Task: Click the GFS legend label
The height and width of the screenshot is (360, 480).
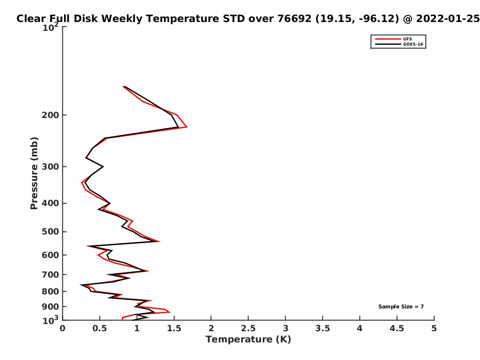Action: (x=407, y=39)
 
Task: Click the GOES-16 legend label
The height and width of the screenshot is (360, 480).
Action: (x=413, y=44)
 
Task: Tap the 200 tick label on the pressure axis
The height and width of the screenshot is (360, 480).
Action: (x=50, y=115)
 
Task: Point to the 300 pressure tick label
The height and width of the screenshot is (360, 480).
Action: (x=50, y=166)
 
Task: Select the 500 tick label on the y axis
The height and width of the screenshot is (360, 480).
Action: (x=50, y=232)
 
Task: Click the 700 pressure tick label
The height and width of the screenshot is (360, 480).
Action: (x=50, y=274)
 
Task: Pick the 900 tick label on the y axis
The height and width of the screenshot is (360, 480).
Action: (x=50, y=307)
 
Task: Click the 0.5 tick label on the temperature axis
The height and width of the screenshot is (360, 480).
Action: (x=100, y=328)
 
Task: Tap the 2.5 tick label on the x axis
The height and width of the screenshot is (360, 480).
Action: (x=248, y=328)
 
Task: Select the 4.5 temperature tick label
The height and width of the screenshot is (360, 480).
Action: (x=397, y=328)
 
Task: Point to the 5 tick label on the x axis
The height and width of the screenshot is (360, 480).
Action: (x=434, y=328)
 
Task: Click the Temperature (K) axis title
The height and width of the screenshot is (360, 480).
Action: (x=248, y=340)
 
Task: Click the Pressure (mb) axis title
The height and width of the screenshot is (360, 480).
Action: (x=34, y=173)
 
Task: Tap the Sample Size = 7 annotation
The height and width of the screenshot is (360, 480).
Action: (x=401, y=307)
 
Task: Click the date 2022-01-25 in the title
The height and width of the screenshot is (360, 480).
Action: (x=448, y=18)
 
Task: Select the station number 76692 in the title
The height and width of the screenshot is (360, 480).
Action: (x=294, y=18)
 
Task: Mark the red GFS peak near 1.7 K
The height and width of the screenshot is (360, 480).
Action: (x=186, y=127)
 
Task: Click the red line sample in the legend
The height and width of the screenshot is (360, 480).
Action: (x=388, y=39)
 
